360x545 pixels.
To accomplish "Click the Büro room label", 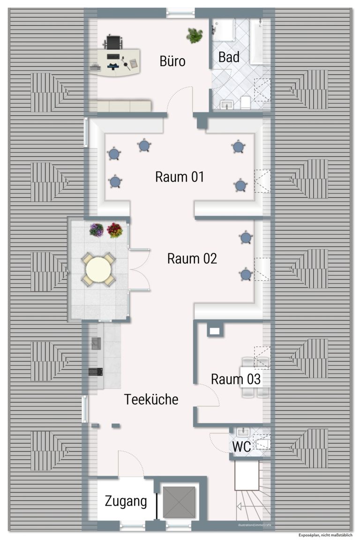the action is pyautogui.click(x=172, y=61).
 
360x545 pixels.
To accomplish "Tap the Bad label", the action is pyautogui.click(x=229, y=57).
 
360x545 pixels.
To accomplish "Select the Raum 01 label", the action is pyautogui.click(x=180, y=177).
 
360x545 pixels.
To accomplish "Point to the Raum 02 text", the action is pyautogui.click(x=192, y=259).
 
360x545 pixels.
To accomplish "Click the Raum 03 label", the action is pyautogui.click(x=236, y=379).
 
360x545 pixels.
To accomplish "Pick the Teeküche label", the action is pyautogui.click(x=151, y=399).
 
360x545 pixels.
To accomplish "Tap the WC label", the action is pyautogui.click(x=242, y=447).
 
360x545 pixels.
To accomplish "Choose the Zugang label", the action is pyautogui.click(x=126, y=502).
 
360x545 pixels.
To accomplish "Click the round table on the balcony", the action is pyautogui.click(x=98, y=269).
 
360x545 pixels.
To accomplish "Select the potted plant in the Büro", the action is pyautogui.click(x=195, y=36).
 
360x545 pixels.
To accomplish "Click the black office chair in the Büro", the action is pyautogui.click(x=113, y=42).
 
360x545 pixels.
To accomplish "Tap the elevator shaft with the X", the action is pyautogui.click(x=179, y=502).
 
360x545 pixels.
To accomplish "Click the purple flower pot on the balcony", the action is pyautogui.click(x=97, y=230).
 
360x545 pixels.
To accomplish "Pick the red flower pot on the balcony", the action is pyautogui.click(x=115, y=230).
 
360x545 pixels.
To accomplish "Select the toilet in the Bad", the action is pyautogui.click(x=245, y=102).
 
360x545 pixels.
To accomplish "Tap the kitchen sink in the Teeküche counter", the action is pyautogui.click(x=96, y=343).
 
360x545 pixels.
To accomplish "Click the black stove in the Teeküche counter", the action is pyautogui.click(x=95, y=372).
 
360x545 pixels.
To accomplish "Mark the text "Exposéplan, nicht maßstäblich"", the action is pyautogui.click(x=325, y=535).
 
